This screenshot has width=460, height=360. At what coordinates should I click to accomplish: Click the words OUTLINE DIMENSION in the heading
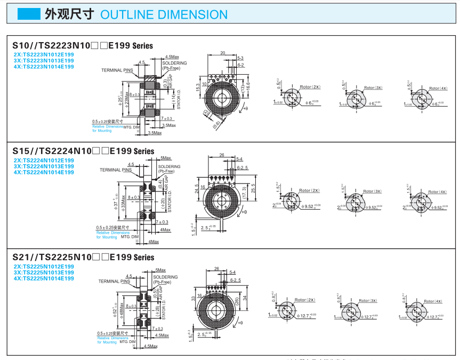pyautogui.click(x=164, y=14)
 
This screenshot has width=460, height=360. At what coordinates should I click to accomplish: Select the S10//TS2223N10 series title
pyautogui.click(x=83, y=46)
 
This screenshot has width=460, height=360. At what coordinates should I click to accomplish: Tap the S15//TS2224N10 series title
pyautogui.click(x=83, y=151)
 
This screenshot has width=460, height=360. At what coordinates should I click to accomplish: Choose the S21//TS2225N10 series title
pyautogui.click(x=83, y=257)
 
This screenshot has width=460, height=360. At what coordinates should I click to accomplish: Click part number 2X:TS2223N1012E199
pyautogui.click(x=44, y=54)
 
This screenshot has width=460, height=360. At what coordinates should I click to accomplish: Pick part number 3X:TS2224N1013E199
pyautogui.click(x=44, y=166)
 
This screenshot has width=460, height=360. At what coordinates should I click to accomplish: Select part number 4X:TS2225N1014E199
pyautogui.click(x=44, y=278)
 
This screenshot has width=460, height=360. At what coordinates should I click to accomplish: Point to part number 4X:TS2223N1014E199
pyautogui.click(x=44, y=67)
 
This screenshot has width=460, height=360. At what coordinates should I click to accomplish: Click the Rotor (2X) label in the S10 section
pyautogui.click(x=310, y=87)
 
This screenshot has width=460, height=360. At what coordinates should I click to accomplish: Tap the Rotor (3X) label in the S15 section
pyautogui.click(x=373, y=191)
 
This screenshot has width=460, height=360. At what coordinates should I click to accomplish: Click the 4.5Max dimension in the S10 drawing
pyautogui.click(x=172, y=57)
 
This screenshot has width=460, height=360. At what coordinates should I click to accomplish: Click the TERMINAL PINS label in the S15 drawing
pyautogui.click(x=115, y=170)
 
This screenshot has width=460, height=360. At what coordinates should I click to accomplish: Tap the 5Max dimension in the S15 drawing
pyautogui.click(x=166, y=158)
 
